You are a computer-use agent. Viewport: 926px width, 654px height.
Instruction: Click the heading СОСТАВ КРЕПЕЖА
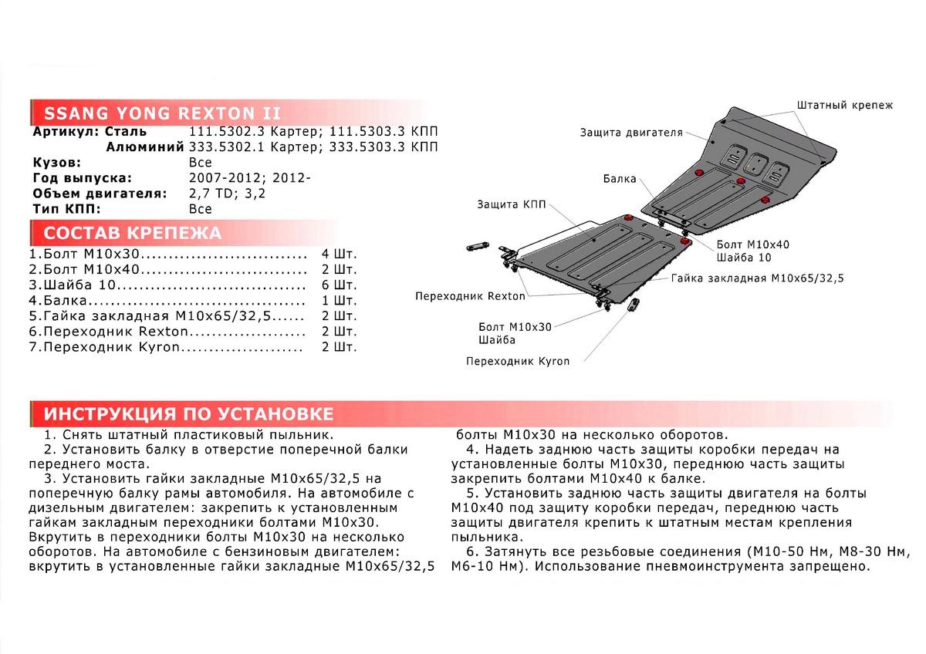tap(132, 233)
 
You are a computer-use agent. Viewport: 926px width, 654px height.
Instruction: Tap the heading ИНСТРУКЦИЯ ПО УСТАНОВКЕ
tap(188, 413)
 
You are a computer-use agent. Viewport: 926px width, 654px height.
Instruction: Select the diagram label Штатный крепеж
tap(843, 105)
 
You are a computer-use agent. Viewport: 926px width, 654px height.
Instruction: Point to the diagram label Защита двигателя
tap(642, 133)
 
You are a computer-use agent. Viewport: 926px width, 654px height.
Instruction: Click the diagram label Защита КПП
tap(511, 204)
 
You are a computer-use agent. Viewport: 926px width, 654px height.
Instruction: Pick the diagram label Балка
tap(620, 179)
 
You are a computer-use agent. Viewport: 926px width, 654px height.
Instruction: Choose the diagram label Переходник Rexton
tap(470, 296)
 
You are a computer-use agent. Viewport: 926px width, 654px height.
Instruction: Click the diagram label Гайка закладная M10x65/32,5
tap(757, 278)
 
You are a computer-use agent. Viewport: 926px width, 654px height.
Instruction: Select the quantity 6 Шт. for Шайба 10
tap(340, 285)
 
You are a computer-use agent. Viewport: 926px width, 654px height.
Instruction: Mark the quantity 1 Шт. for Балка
tap(340, 301)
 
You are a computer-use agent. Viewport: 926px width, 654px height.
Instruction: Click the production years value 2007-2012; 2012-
tap(249, 179)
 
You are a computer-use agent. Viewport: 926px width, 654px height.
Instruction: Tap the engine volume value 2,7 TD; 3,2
tap(227, 194)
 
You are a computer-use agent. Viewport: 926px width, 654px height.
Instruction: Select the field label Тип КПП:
tap(68, 209)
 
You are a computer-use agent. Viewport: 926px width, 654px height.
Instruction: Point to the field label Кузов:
tap(56, 163)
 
